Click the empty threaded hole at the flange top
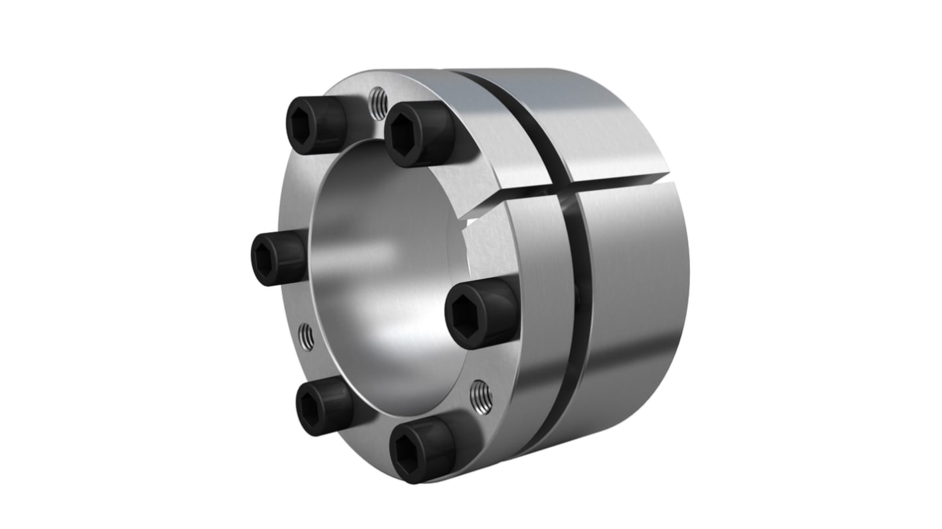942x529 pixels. coord(378,104)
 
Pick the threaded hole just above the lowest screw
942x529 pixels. coord(480,397)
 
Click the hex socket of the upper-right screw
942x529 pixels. coord(405,137)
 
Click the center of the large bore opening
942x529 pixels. coord(385,265)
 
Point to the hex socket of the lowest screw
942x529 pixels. coord(406,453)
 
